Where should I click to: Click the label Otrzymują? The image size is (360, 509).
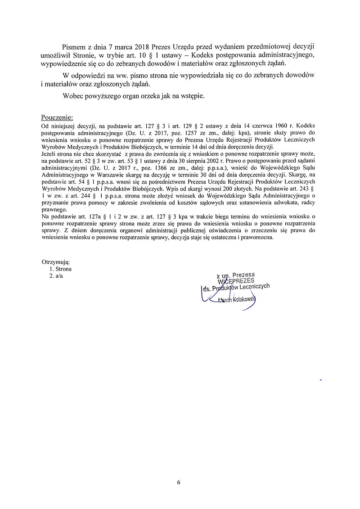56,262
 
